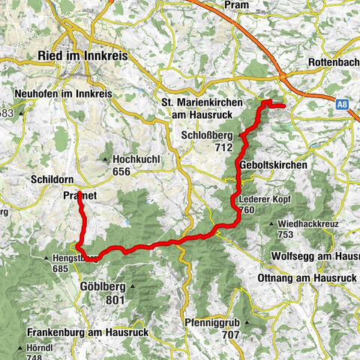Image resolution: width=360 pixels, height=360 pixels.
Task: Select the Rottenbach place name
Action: point(331,62)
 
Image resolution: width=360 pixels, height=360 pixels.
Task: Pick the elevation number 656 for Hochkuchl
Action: point(124,171)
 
